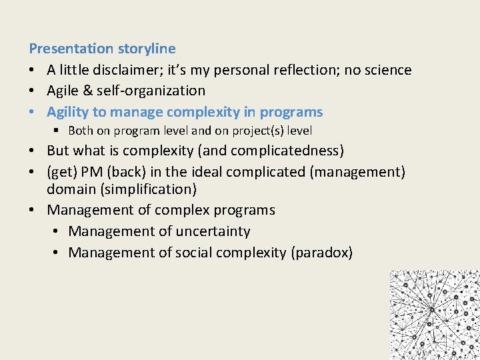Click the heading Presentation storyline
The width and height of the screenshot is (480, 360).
point(102,49)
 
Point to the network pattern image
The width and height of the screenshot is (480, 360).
point(434,314)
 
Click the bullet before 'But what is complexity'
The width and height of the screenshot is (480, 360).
point(33,151)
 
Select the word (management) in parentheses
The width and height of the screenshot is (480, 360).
point(357,173)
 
